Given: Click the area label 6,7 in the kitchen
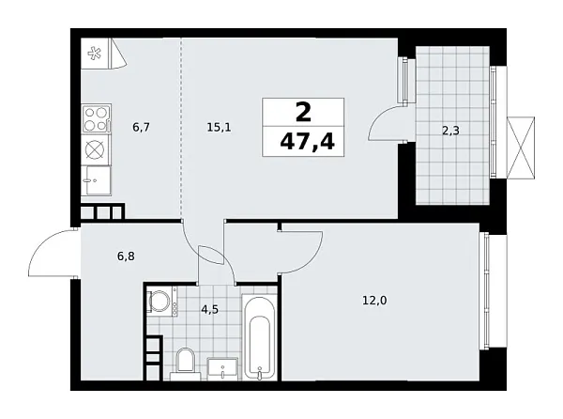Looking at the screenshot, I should [142, 125].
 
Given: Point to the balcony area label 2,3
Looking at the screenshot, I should [450, 131].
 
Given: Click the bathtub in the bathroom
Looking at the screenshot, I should [258, 338].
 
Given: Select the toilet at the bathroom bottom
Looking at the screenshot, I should [185, 362].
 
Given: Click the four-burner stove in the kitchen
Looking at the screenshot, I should [97, 118].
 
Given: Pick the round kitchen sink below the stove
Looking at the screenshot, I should [97, 148].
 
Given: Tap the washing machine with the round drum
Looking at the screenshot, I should [160, 303].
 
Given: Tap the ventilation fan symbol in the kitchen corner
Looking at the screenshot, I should [94, 54].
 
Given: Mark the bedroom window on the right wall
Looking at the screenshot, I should [486, 291].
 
